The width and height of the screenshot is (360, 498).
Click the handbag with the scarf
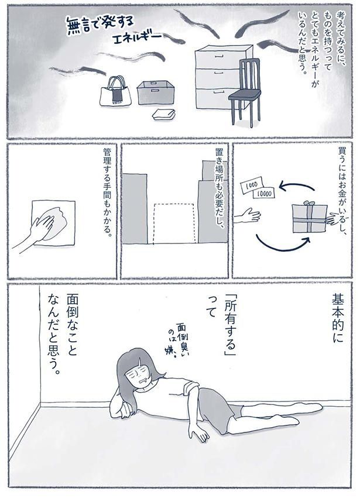pos(115,91)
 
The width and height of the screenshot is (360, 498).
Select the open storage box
pos(157,92)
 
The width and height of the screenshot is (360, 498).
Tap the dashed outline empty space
pos(174,223)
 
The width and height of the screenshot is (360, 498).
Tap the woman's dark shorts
pos(214,407)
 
